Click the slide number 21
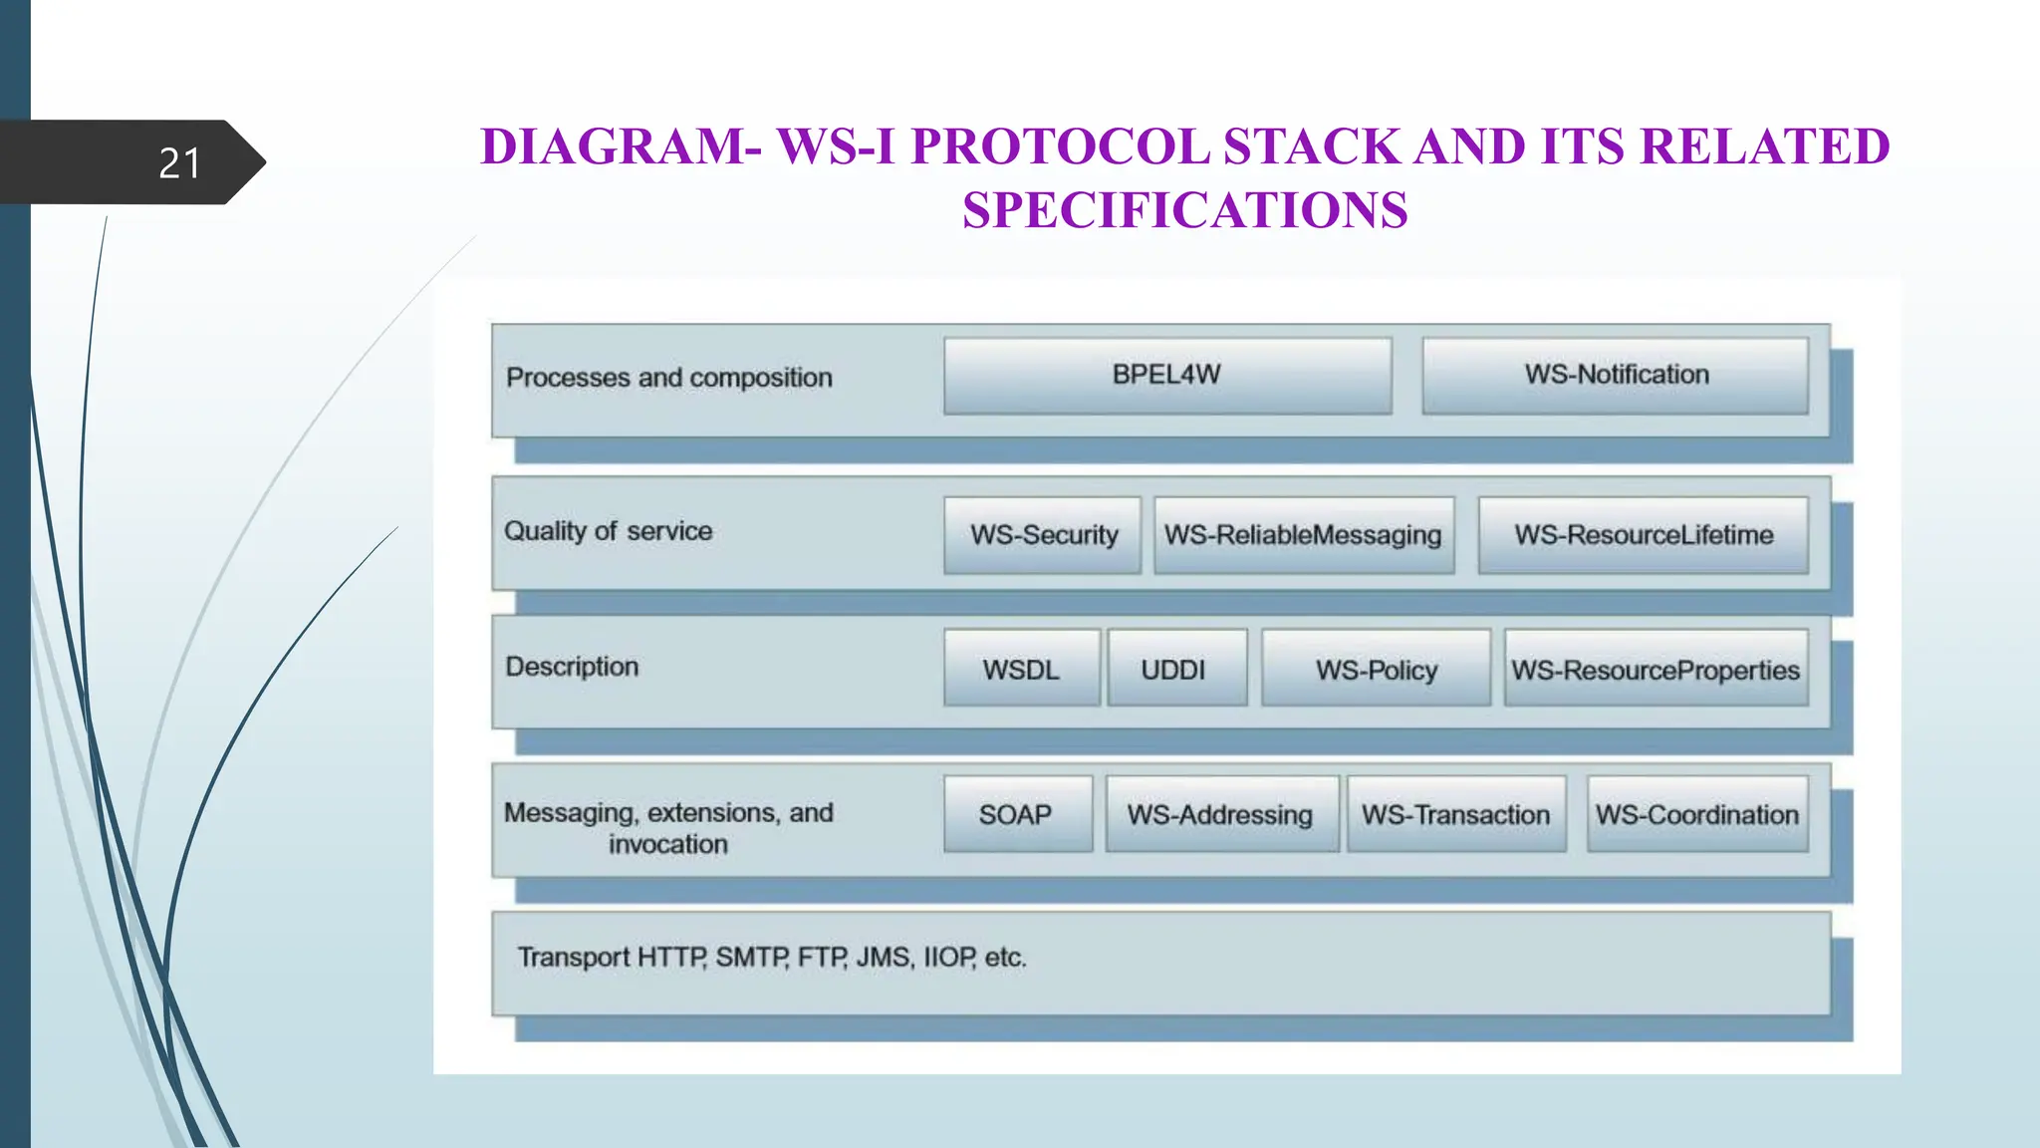(x=179, y=163)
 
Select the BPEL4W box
(x=1166, y=376)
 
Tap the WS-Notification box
(x=1615, y=376)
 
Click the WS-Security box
(x=1043, y=535)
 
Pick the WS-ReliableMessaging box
(x=1303, y=535)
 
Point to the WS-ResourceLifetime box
(x=1643, y=535)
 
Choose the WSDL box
(x=1021, y=669)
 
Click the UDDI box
(x=1174, y=669)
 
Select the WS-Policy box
(x=1376, y=669)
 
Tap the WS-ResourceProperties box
(x=1655, y=669)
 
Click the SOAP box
(x=1016, y=814)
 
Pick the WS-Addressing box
(x=1220, y=814)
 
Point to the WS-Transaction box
(x=1455, y=814)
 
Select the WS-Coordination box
(x=1696, y=814)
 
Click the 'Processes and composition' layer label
(x=668, y=378)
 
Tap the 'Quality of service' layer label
(x=608, y=531)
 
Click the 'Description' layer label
(x=572, y=667)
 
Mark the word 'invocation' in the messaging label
(x=668, y=845)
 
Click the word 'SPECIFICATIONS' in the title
(x=1184, y=210)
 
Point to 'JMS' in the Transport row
(x=883, y=958)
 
